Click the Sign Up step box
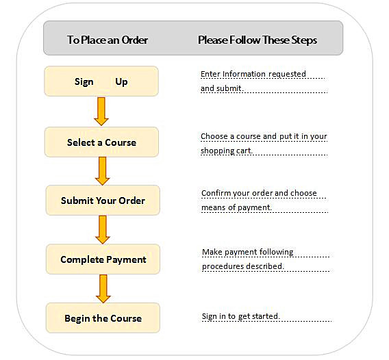point(101,81)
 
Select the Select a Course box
point(101,142)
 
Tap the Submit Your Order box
point(103,201)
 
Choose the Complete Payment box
point(103,259)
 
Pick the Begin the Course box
point(103,318)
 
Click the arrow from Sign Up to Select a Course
point(101,112)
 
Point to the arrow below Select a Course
point(102,171)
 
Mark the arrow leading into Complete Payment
point(103,229)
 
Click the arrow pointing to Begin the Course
point(103,289)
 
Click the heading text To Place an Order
point(108,40)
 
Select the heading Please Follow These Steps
point(258,40)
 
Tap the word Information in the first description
point(240,74)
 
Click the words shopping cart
point(227,151)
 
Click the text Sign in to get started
point(240,316)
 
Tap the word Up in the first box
point(121,82)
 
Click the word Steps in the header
point(304,40)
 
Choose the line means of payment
point(236,207)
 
